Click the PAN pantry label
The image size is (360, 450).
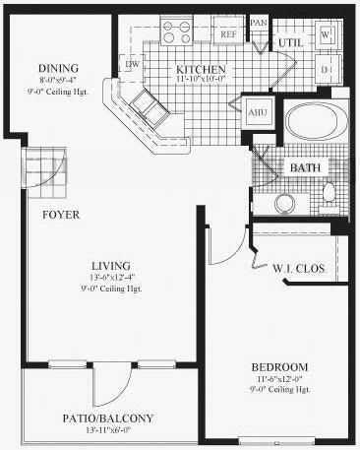coord(259,22)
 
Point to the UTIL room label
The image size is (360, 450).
coord(288,43)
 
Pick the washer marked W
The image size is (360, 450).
coord(328,34)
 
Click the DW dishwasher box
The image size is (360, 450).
coord(132,64)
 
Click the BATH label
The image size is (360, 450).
coord(304,167)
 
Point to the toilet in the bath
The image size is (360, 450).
coord(330,192)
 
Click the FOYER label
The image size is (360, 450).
coord(61,214)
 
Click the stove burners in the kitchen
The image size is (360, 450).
coord(180,32)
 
